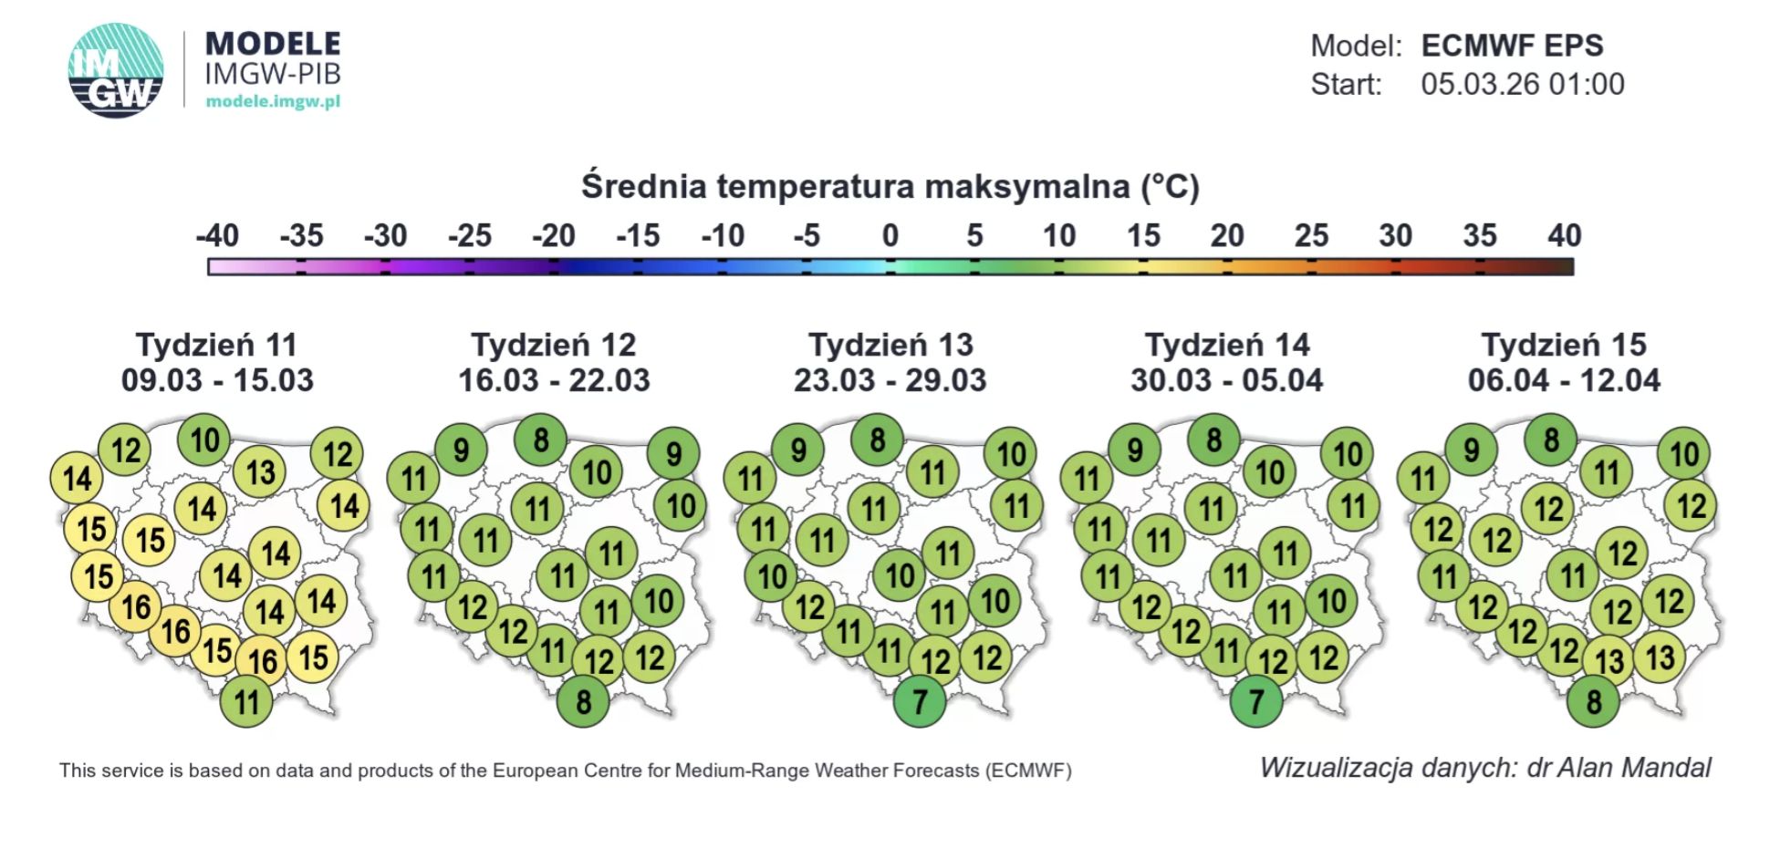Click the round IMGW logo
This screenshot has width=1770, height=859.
116,70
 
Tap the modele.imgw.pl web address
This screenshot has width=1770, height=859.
273,101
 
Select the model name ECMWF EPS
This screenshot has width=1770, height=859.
1512,46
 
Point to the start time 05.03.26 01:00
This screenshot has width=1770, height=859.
1522,85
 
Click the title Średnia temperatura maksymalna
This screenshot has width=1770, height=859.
890,186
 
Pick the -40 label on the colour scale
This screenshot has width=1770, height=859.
217,236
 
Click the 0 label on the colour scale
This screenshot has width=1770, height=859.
890,236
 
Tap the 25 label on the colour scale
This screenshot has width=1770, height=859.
1311,236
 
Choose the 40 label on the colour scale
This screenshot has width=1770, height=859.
1564,236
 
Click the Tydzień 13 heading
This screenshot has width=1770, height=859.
890,345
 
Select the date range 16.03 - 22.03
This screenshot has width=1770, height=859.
554,380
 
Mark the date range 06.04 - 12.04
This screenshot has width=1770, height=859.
1564,380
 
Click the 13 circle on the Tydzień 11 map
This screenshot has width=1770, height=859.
260,472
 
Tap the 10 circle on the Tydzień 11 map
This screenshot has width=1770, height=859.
204,440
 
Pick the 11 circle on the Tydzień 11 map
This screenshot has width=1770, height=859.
246,702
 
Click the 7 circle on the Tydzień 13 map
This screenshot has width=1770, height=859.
920,702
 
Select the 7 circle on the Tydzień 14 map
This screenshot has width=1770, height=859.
1256,702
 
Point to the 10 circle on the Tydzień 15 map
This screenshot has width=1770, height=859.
1684,454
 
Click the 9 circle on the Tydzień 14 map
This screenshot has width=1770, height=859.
1135,450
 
